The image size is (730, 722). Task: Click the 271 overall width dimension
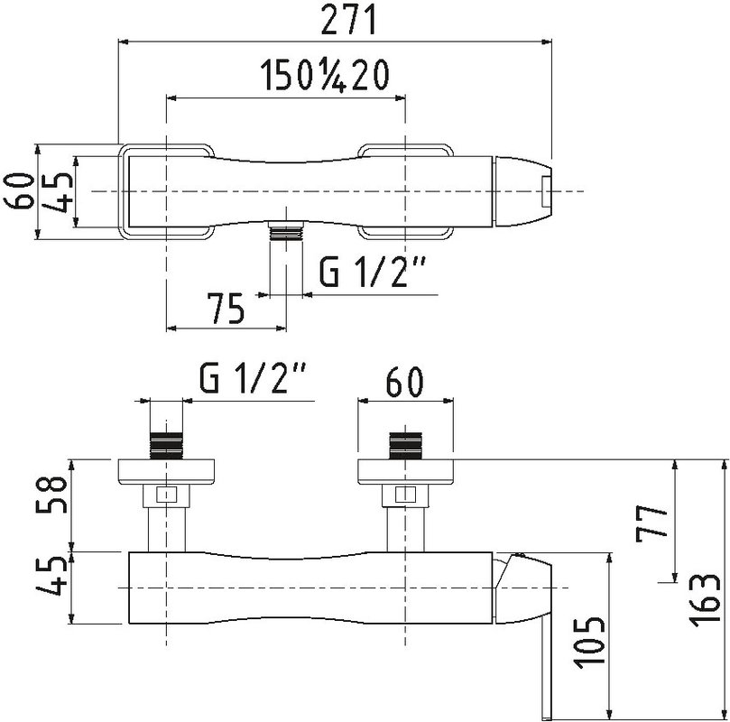tap(348, 20)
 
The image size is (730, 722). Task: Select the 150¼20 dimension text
tap(324, 76)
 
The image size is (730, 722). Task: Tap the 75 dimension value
tap(226, 308)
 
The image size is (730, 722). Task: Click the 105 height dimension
tap(589, 643)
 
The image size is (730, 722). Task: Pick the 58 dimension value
tap(51, 494)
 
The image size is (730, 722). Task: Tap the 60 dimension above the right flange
tap(405, 381)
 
